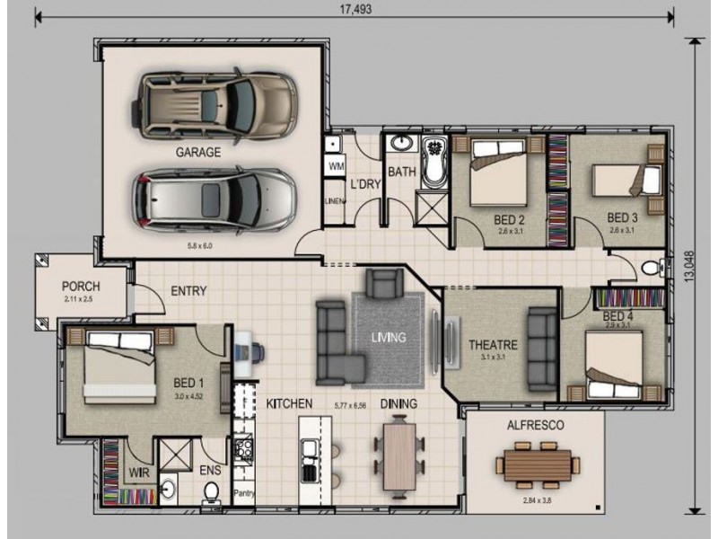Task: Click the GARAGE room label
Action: click(197, 152)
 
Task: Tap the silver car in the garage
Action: click(216, 197)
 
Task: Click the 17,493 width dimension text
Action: click(356, 10)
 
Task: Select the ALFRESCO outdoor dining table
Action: click(537, 465)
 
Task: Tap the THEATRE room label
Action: click(493, 344)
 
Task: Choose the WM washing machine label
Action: click(336, 167)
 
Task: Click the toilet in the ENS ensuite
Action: click(212, 491)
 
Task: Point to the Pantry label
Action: click(244, 493)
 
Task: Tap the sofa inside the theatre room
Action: click(541, 349)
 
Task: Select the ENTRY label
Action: click(188, 291)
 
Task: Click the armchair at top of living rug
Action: click(383, 286)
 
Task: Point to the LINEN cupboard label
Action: click(336, 201)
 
